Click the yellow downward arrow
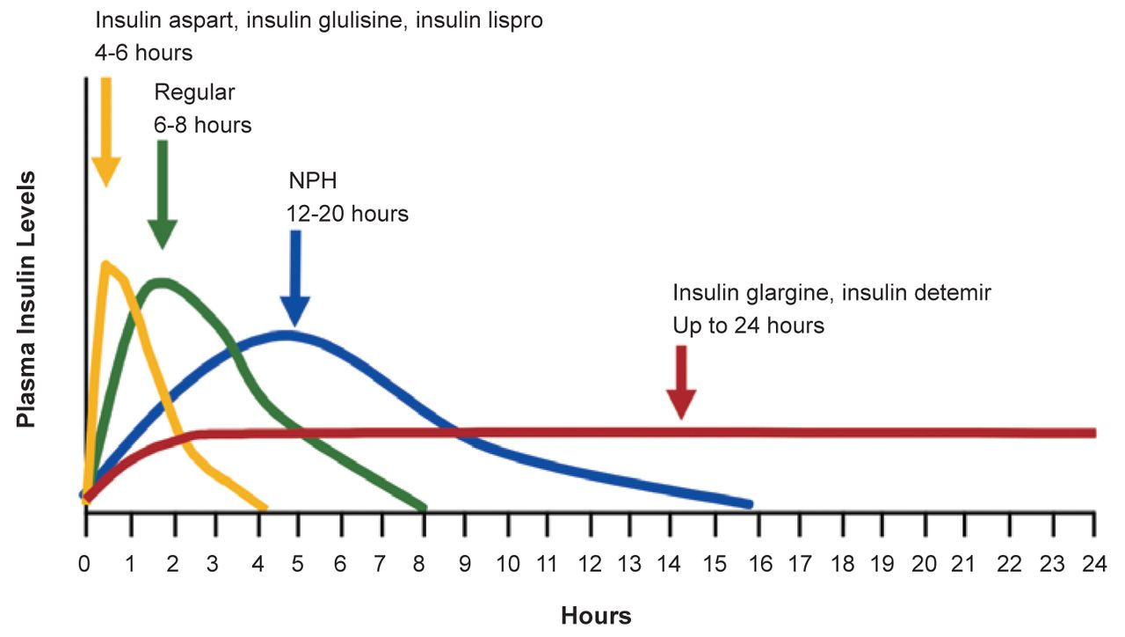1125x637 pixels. pyautogui.click(x=106, y=132)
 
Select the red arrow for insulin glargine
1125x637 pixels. pyautogui.click(x=681, y=380)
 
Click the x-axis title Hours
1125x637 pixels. pyautogui.click(x=596, y=615)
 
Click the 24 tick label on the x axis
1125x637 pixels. pyautogui.click(x=1093, y=564)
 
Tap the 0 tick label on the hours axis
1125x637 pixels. pyautogui.click(x=85, y=564)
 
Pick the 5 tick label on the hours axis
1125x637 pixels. pyautogui.click(x=297, y=564)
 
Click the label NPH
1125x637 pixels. pyautogui.click(x=313, y=182)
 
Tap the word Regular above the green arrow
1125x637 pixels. pyautogui.click(x=194, y=92)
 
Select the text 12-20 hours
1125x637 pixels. pyautogui.click(x=347, y=213)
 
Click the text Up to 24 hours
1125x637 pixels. pyautogui.click(x=748, y=326)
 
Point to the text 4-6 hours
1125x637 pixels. pyautogui.click(x=143, y=52)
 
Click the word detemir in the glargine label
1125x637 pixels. pyautogui.click(x=953, y=293)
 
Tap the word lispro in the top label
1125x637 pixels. pyautogui.click(x=515, y=19)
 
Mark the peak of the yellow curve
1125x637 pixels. pyautogui.click(x=106, y=263)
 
